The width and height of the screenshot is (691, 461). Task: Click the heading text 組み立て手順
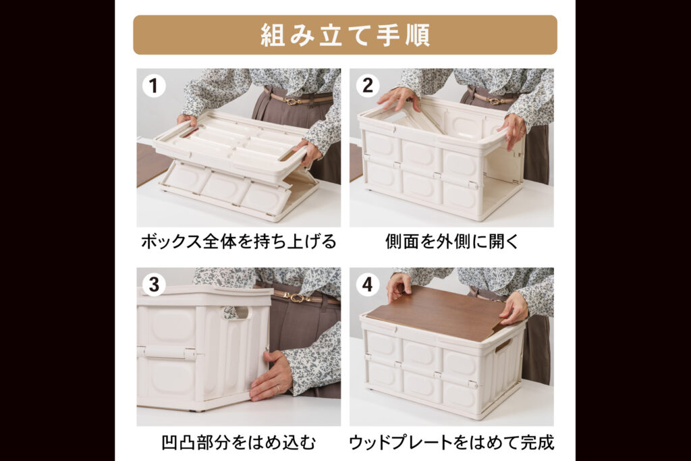click(345, 35)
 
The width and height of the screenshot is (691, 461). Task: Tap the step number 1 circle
click(153, 86)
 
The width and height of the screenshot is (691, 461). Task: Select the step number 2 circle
click(368, 86)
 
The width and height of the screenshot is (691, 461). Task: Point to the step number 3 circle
click(154, 285)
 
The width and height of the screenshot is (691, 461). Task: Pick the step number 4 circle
click(368, 285)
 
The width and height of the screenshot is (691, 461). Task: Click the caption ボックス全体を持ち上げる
click(239, 242)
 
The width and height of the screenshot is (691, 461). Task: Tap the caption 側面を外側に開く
click(451, 242)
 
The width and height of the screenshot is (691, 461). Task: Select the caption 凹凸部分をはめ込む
click(239, 442)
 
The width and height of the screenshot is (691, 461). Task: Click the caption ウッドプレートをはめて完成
click(451, 442)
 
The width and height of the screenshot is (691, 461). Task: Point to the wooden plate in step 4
click(437, 314)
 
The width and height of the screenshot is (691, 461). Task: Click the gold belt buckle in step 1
click(292, 101)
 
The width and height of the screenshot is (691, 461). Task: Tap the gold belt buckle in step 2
click(495, 101)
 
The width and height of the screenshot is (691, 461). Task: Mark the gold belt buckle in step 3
click(297, 298)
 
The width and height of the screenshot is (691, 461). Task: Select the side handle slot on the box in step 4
click(503, 345)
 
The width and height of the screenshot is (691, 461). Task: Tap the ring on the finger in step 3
click(278, 389)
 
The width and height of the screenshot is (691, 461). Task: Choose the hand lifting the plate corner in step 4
click(513, 308)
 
